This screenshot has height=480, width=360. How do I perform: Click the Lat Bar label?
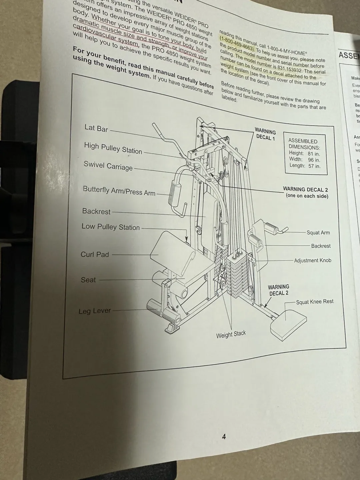tap(96, 128)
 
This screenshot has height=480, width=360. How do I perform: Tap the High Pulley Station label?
tap(113, 148)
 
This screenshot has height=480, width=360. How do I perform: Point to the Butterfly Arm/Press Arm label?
tap(119, 191)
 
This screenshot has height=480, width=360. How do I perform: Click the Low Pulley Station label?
tap(111, 227)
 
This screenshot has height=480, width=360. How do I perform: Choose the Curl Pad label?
tap(95, 254)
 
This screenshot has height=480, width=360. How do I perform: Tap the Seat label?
tap(88, 280)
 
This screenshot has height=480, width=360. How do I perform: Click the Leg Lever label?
tap(95, 311)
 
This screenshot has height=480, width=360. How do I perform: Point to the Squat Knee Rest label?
tap(315, 302)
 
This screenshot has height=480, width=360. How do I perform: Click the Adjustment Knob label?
tap(312, 260)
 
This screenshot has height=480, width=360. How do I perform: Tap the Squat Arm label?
tap(318, 233)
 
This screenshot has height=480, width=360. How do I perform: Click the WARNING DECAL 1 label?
tap(265, 134)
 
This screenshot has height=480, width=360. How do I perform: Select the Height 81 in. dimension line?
tap(304, 154)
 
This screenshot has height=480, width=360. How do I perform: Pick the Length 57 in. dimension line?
tap(305, 166)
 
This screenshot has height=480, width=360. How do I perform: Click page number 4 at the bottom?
tap(224, 436)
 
